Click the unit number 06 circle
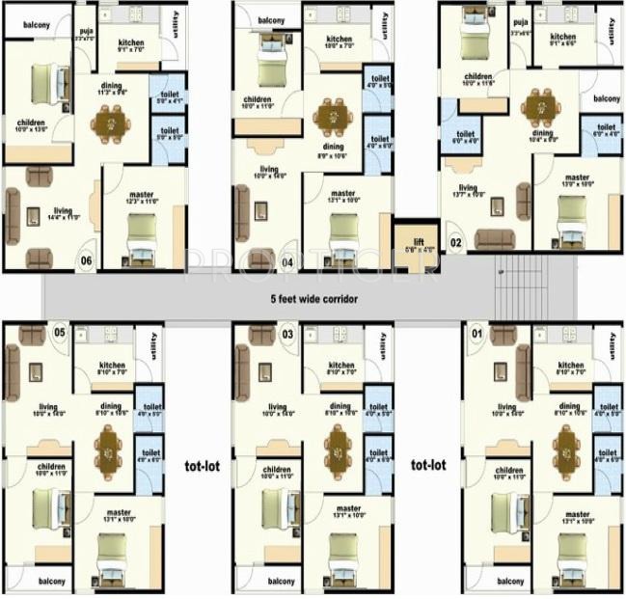click(87, 259)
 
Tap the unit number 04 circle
click(286, 259)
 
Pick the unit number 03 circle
click(286, 334)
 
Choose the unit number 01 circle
click(473, 334)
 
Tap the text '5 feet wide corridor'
click(314, 299)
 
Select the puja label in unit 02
click(520, 23)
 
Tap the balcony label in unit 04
click(271, 19)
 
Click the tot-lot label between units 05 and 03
click(202, 465)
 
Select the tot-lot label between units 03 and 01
click(428, 465)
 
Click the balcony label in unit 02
click(606, 99)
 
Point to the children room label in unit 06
click(32, 123)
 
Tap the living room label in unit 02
click(468, 188)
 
